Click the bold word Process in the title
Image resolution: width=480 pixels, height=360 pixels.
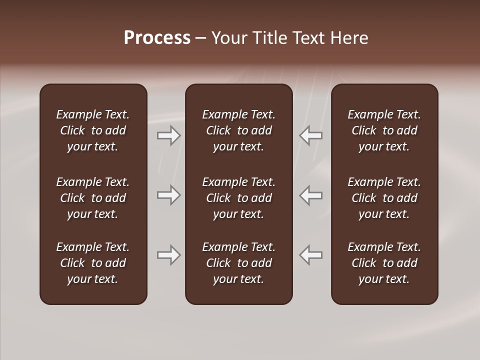[x=157, y=38]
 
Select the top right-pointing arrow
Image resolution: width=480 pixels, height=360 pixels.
[x=169, y=135]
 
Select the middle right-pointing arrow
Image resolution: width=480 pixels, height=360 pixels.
[x=169, y=195]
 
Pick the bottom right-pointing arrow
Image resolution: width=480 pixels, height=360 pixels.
[x=169, y=255]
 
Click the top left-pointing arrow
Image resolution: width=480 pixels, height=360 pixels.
[x=311, y=135]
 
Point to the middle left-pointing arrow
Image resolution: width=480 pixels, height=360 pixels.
[x=311, y=195]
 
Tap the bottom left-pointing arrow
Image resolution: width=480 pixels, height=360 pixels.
[x=311, y=255]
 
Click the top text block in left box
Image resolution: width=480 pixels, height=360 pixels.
[x=93, y=130]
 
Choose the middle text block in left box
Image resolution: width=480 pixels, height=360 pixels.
[x=93, y=198]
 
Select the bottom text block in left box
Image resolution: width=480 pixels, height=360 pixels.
[x=93, y=263]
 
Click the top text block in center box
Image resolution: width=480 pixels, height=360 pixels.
[x=239, y=130]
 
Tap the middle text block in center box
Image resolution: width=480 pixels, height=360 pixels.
[x=239, y=198]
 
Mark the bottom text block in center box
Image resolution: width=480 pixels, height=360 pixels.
[x=239, y=263]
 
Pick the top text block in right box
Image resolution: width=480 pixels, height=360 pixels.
[x=384, y=130]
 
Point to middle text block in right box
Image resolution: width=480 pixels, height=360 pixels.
[x=384, y=198]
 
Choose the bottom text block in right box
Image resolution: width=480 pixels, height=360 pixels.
[x=384, y=263]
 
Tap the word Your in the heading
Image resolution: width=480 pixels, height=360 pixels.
[x=228, y=38]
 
